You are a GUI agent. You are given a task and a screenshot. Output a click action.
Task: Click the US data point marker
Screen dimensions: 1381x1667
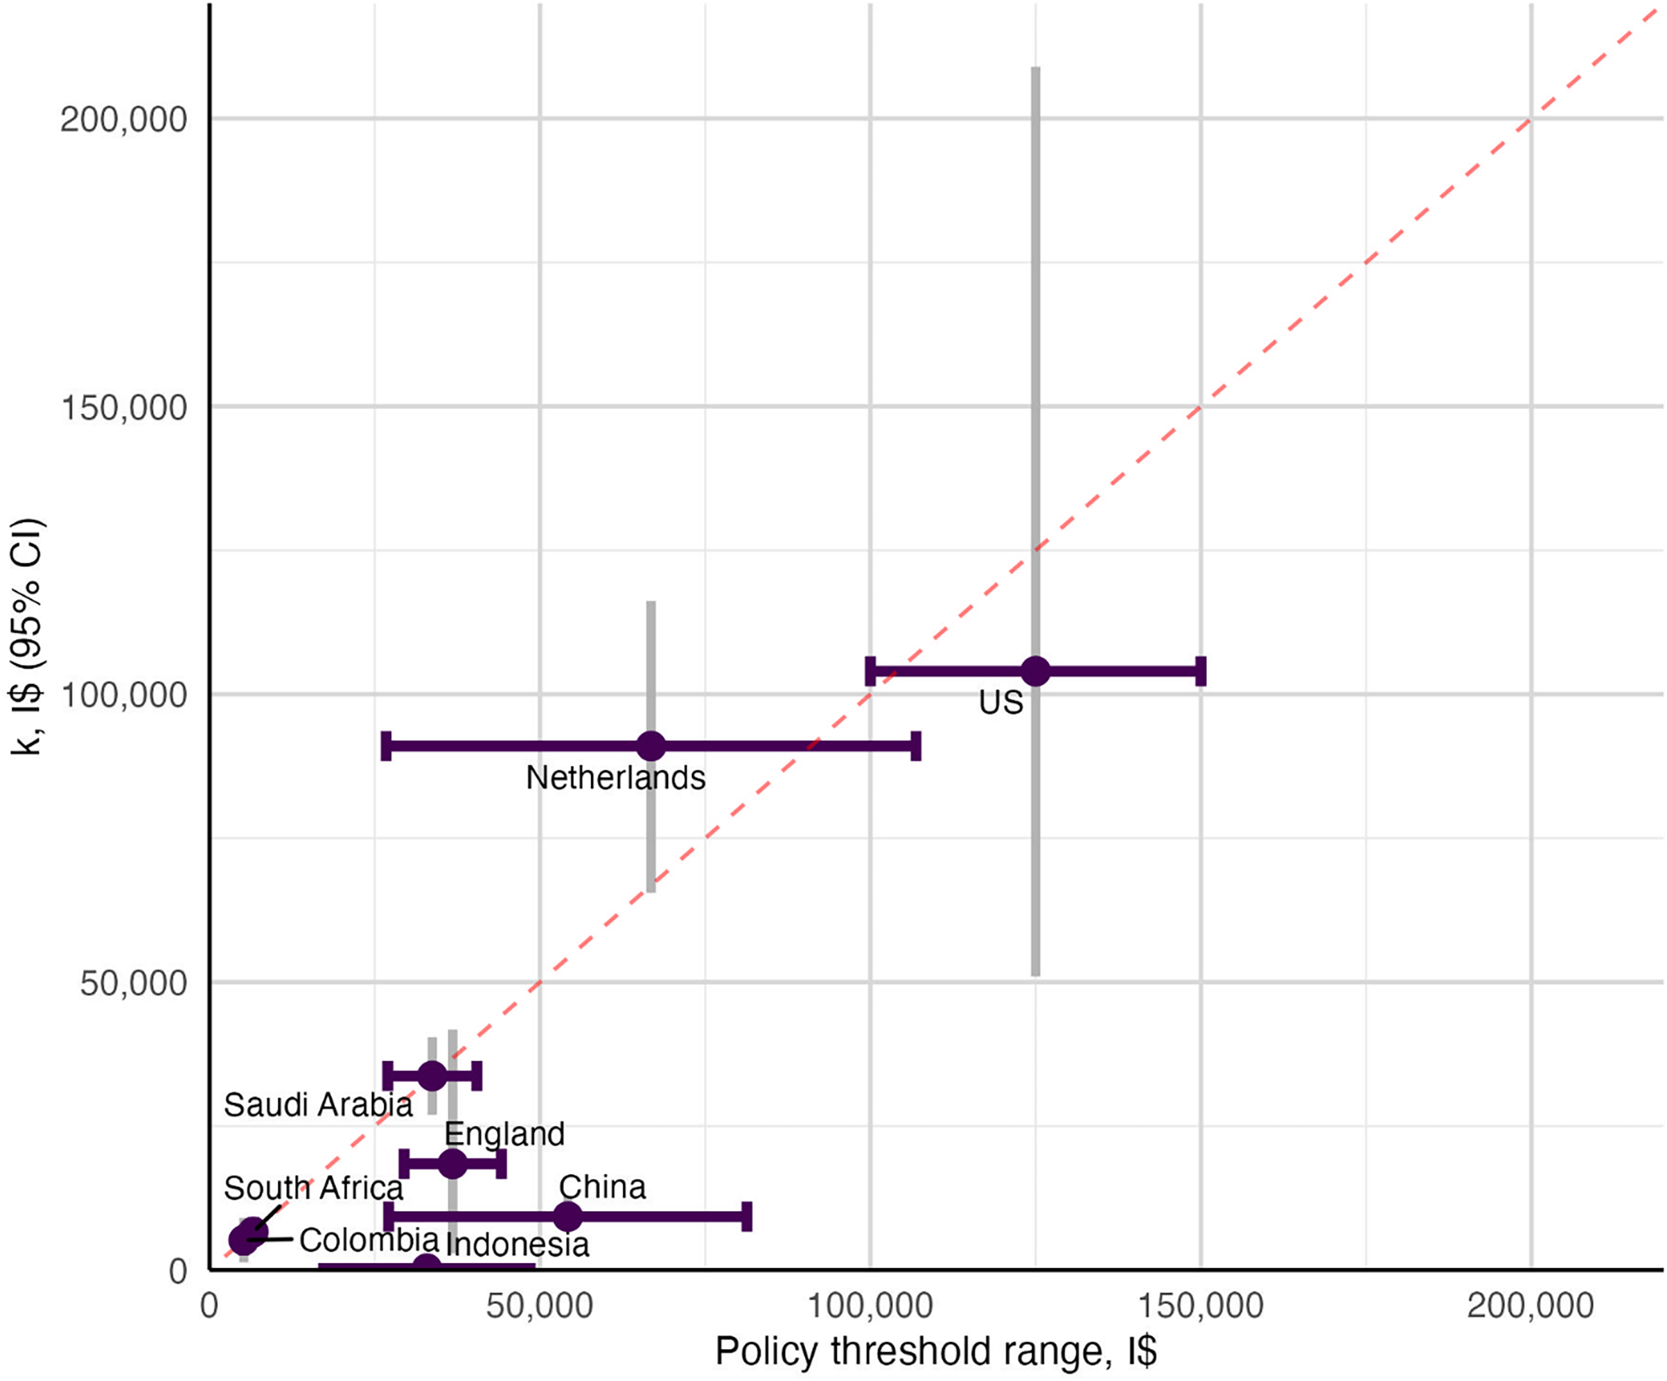[1035, 671]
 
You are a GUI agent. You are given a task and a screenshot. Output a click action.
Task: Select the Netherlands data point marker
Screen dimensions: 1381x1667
[651, 747]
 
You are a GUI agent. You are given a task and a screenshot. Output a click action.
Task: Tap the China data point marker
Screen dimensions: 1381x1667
[567, 1216]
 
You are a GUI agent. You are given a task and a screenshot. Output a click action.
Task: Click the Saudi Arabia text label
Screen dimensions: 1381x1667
[318, 1104]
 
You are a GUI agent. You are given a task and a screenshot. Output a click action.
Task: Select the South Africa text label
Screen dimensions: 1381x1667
[314, 1188]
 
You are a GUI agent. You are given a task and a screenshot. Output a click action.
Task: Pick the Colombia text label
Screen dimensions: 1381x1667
[369, 1240]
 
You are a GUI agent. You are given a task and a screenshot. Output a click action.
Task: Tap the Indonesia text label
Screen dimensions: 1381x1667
[518, 1244]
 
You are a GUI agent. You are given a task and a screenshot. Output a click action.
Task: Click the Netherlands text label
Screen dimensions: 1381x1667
[615, 777]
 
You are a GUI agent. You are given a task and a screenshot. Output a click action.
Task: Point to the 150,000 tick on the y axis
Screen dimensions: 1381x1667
[124, 408]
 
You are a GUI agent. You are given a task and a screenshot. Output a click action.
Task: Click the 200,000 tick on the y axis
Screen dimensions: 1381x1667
[124, 119]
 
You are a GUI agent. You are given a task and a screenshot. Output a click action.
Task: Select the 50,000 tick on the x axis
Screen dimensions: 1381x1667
[540, 1305]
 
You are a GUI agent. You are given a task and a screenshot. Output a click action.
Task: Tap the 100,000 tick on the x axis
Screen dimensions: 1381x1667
[870, 1305]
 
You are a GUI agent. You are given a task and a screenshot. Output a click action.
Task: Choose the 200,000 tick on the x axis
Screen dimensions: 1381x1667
[1531, 1305]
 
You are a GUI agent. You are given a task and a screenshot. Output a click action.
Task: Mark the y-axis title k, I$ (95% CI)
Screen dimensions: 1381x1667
[28, 635]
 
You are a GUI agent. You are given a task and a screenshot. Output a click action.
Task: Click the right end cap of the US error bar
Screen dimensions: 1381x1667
[1201, 671]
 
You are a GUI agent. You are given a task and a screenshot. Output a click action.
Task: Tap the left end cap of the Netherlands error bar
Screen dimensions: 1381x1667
[387, 747]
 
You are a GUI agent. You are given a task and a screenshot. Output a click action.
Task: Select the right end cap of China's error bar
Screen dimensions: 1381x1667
[747, 1216]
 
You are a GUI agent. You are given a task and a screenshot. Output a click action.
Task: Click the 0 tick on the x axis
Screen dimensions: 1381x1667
[209, 1305]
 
